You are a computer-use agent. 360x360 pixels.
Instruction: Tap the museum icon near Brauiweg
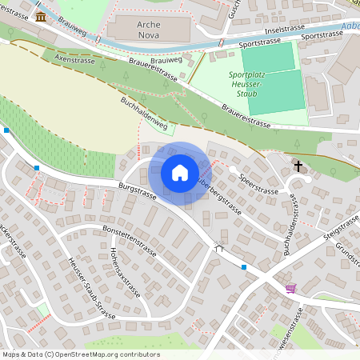pos(41,17)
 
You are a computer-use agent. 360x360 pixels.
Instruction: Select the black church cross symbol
pos(298,166)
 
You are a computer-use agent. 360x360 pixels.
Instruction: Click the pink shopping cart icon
pos(290,288)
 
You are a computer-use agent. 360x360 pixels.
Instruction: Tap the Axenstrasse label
pos(74,58)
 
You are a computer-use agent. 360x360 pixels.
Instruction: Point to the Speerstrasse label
pos(258,185)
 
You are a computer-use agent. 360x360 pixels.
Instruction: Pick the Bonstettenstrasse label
pos(133,239)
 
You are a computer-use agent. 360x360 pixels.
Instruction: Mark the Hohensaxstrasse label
pos(124,271)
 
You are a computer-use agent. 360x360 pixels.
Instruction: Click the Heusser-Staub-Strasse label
pos(93,289)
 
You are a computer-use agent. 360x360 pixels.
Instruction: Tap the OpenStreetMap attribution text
pos(81,354)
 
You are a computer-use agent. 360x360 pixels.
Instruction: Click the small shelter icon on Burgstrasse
pos(219,249)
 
